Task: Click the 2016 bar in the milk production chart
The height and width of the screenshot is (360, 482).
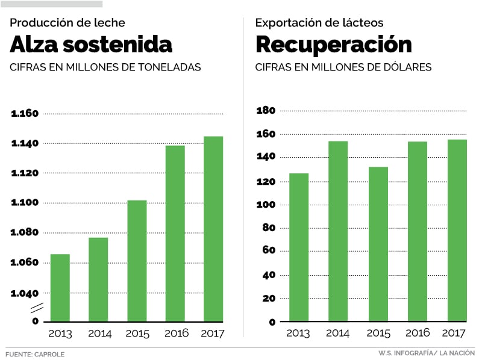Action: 175,234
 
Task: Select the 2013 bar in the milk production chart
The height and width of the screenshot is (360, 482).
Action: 60,288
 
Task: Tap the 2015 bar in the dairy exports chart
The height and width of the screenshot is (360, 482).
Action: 378,244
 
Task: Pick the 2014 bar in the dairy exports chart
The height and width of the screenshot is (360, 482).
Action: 338,231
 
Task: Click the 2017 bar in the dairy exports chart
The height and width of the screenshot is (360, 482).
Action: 457,231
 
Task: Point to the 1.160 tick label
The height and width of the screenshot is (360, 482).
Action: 25,114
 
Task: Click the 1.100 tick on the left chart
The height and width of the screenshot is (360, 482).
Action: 25,203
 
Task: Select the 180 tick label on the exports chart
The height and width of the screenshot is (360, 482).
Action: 266,111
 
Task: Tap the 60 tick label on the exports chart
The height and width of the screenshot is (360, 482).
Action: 269,252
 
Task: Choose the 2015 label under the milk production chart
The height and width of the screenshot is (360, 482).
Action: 137,334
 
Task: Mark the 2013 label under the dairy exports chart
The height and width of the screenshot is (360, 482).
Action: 298,334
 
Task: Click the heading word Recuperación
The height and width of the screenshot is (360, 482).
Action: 334,45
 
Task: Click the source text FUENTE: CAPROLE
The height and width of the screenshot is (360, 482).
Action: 35,354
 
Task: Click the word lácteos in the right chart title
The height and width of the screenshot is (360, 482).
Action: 361,23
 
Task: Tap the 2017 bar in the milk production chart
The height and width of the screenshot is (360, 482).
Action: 213,229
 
